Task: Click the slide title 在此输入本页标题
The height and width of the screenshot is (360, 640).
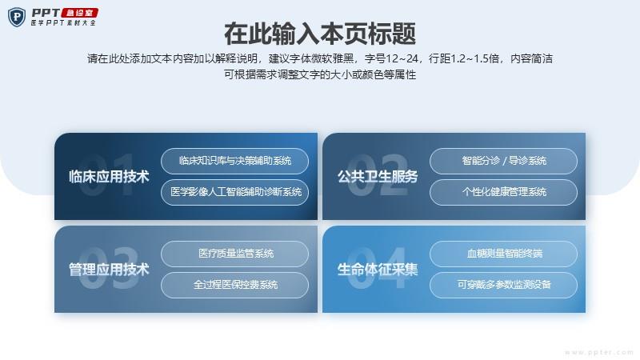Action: pyautogui.click(x=320, y=34)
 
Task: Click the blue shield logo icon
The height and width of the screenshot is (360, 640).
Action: pyautogui.click(x=17, y=17)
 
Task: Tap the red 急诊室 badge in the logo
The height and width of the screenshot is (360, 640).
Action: pyautogui.click(x=79, y=13)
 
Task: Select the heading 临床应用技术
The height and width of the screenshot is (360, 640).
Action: pyautogui.click(x=109, y=177)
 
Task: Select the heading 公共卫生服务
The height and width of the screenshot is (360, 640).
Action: pyautogui.click(x=378, y=177)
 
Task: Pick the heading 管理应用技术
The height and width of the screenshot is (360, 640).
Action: pyautogui.click(x=109, y=270)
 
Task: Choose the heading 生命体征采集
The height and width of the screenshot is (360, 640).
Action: pyautogui.click(x=378, y=270)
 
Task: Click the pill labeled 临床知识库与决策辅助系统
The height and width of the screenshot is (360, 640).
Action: pyautogui.click(x=234, y=161)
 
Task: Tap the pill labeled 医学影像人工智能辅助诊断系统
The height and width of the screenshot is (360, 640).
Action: pyautogui.click(x=234, y=192)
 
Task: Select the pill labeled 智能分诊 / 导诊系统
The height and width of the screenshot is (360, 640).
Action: pyautogui.click(x=504, y=161)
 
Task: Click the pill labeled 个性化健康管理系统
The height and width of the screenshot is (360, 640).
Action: pyautogui.click(x=504, y=192)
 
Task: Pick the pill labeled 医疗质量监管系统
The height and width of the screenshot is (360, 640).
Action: pyautogui.click(x=234, y=254)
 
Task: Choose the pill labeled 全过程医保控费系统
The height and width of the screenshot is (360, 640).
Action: pyautogui.click(x=234, y=285)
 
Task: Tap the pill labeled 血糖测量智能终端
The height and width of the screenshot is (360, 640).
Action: pyautogui.click(x=504, y=254)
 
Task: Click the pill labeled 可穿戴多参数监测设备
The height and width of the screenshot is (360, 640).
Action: pyautogui.click(x=504, y=285)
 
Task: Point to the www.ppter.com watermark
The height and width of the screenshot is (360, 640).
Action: pyautogui.click(x=598, y=352)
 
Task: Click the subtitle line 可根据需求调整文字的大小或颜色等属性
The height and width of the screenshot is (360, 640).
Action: pyautogui.click(x=320, y=74)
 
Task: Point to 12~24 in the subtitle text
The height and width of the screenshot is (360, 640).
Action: pyautogui.click(x=402, y=58)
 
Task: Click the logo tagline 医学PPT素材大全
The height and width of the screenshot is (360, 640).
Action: pyautogui.click(x=63, y=23)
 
